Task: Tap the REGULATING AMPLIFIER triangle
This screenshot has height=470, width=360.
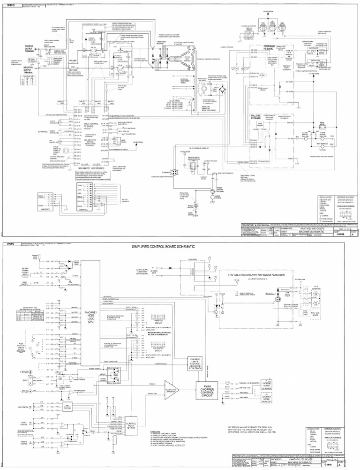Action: coord(171,390)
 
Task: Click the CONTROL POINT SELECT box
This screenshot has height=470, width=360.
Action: coord(130,426)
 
